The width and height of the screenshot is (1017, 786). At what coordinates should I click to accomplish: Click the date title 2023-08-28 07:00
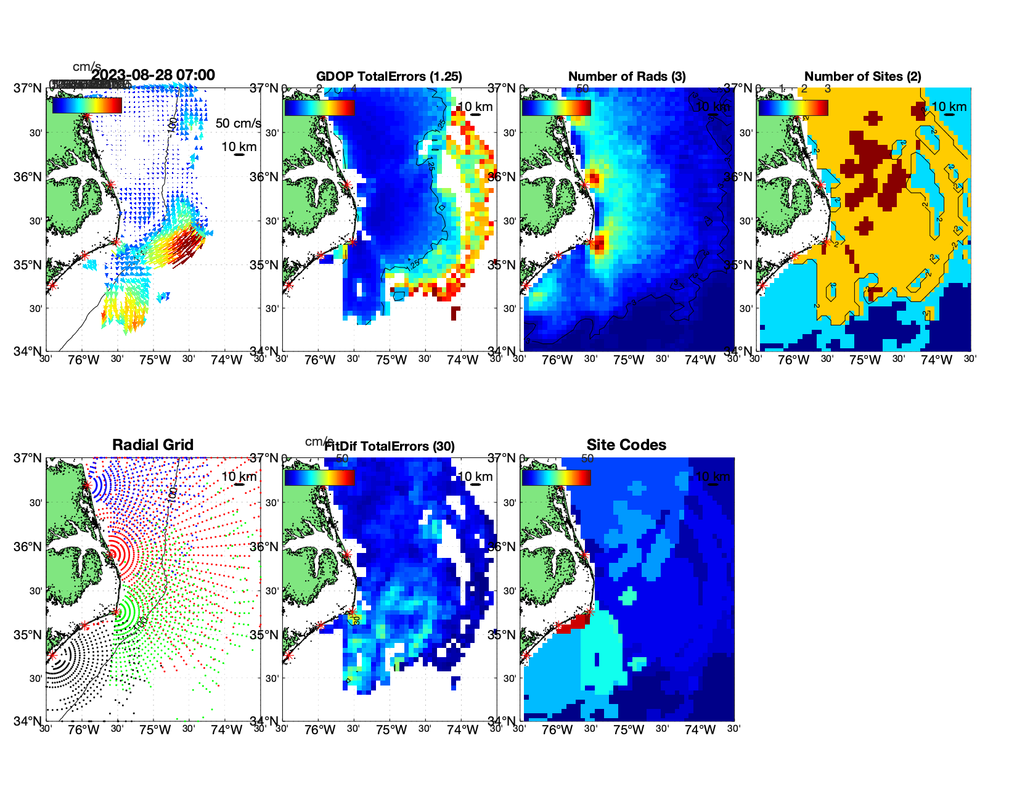pos(153,75)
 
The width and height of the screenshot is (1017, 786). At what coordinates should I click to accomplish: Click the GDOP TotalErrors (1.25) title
pos(389,76)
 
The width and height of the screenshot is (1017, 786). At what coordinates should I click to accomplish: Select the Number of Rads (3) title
pos(626,76)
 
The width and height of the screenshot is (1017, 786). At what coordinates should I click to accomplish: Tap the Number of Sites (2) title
pos(862,76)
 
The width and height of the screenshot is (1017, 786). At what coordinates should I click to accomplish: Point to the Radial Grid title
pos(153,445)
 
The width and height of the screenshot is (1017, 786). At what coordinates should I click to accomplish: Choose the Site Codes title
pos(626,445)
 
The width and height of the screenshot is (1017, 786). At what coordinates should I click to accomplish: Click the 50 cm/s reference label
pos(238,123)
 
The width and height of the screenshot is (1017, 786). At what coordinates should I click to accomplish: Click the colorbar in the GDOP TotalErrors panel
pos(319,107)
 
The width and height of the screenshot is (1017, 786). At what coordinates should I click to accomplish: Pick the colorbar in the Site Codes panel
pos(556,477)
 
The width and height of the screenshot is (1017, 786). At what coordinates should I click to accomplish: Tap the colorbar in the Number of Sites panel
pos(793,107)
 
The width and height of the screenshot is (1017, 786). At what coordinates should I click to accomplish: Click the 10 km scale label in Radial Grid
pos(239,477)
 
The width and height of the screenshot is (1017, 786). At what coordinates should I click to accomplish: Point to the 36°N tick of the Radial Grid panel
pos(28,547)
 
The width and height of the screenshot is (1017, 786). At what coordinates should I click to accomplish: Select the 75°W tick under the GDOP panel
pos(391,360)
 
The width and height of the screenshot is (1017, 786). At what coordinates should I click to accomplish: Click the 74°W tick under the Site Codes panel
pos(700,730)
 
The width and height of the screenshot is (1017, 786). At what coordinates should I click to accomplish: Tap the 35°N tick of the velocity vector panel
pos(28,265)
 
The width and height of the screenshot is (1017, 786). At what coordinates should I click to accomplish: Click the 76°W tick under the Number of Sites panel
pos(793,360)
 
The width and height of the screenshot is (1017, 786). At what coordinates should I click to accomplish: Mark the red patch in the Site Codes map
pos(573,623)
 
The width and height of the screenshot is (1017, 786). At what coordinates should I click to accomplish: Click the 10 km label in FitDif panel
pos(475,477)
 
